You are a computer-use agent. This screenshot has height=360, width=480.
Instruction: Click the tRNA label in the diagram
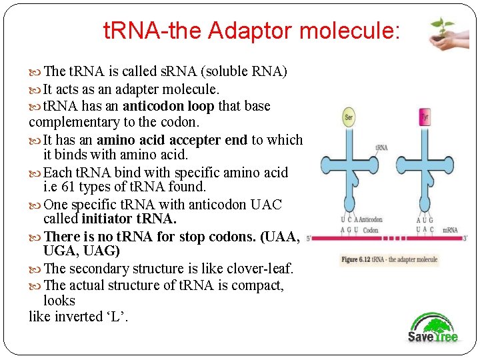(x=381, y=147)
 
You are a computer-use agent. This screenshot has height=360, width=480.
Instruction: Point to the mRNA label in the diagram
(x=449, y=230)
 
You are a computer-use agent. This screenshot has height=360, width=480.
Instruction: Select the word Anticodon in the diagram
(x=371, y=220)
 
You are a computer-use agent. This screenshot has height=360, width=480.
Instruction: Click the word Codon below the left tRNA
(x=371, y=230)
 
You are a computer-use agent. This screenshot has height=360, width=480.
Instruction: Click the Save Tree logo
(x=433, y=327)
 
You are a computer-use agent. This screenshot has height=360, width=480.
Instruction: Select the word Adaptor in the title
(x=255, y=30)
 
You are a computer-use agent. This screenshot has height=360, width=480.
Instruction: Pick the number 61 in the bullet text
(x=88, y=187)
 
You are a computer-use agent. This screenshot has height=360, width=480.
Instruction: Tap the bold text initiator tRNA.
(x=129, y=219)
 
